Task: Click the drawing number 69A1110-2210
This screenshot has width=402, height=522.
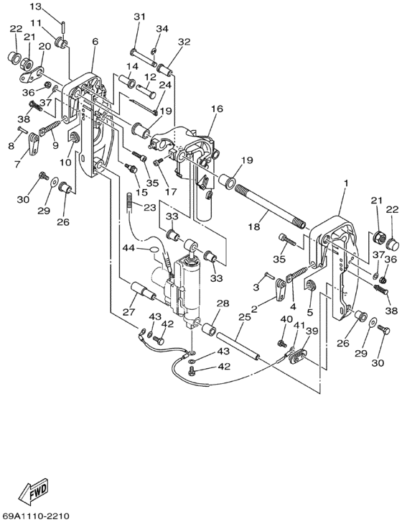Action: (35, 516)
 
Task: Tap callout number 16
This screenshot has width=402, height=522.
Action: (217, 109)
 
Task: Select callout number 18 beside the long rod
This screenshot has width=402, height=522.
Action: (254, 226)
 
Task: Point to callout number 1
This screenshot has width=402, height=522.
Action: (346, 183)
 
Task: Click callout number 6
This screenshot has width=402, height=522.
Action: (95, 42)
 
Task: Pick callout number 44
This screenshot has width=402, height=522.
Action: (129, 248)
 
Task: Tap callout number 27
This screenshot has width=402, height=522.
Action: (128, 311)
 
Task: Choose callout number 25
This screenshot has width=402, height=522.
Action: (245, 316)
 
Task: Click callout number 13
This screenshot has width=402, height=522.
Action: (36, 6)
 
